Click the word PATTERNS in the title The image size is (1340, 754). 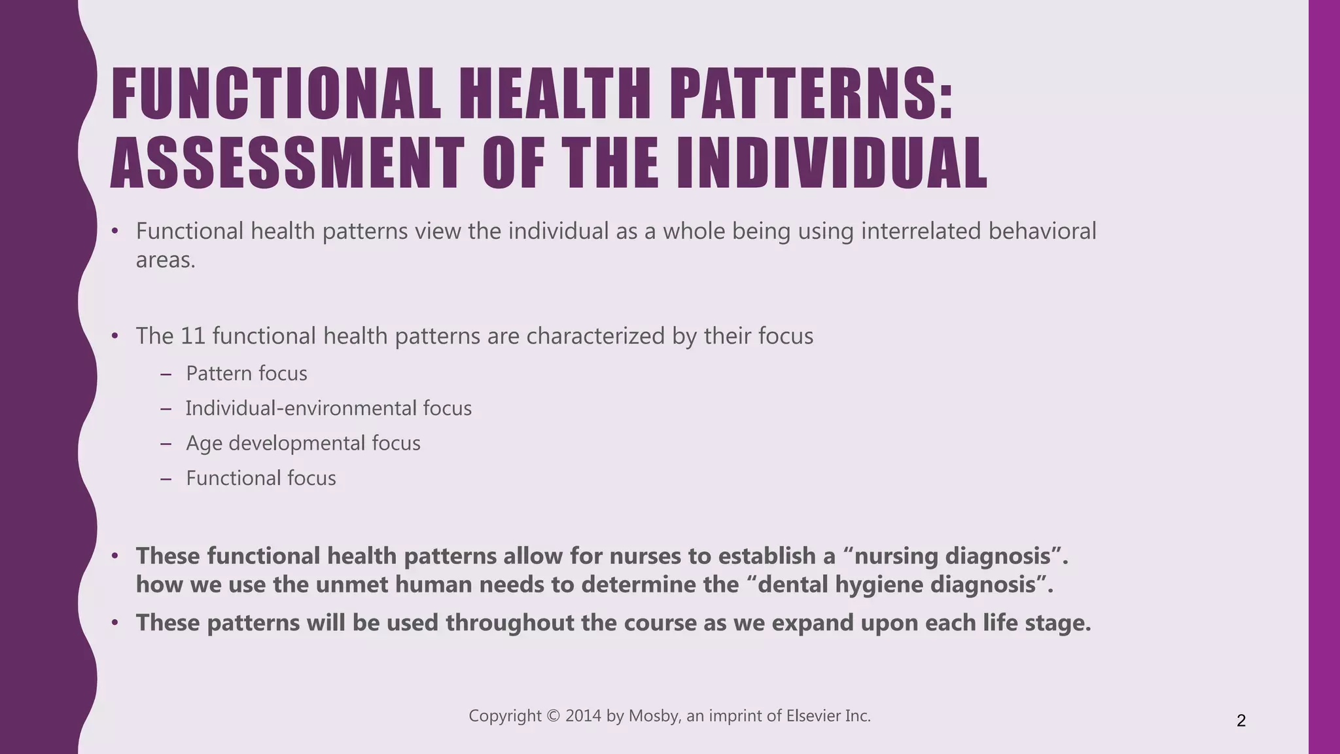point(811,96)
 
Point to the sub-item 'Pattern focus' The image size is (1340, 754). point(247,374)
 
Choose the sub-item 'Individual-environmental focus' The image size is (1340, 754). point(328,408)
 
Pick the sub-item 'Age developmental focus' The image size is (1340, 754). point(303,444)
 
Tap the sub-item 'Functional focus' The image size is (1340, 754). point(261,478)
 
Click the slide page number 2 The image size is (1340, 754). point(1241,721)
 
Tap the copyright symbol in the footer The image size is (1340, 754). point(554,716)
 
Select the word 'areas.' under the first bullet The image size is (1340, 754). point(166,260)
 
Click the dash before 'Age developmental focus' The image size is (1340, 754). point(166,444)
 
